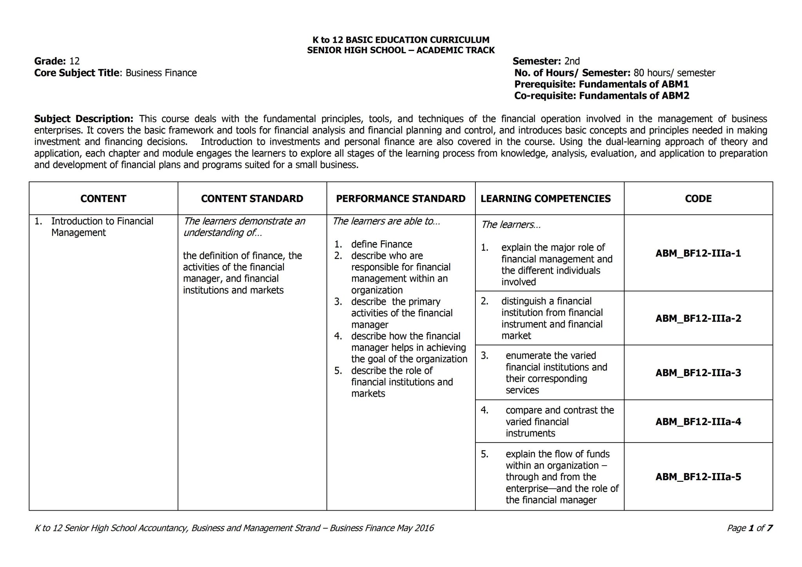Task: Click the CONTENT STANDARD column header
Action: coord(252,199)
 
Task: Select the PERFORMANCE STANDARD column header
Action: coord(401,199)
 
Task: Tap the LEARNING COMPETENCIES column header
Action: coord(546,199)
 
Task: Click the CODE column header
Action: coord(698,199)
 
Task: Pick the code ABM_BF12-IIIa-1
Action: coord(698,253)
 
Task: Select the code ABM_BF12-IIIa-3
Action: coord(698,373)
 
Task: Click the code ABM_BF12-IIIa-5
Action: coord(698,477)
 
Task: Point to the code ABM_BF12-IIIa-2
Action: coord(698,318)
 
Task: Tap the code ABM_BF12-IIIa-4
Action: coord(698,422)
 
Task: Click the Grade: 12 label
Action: coord(57,61)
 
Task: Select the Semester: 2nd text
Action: coord(546,61)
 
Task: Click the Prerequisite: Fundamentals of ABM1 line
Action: coord(601,84)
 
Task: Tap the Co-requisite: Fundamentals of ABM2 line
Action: coord(601,96)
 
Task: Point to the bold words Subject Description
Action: coord(83,119)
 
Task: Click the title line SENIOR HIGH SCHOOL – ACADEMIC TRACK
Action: coord(401,50)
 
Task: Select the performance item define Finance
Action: coord(381,244)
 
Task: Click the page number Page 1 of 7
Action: coord(749,528)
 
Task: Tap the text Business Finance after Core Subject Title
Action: coord(161,73)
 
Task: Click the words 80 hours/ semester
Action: coord(674,73)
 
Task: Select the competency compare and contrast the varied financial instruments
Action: coord(559,422)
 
